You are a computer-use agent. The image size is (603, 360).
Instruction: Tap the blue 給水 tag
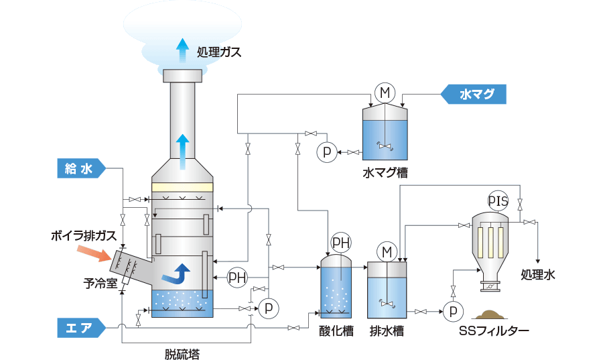coord(78,169)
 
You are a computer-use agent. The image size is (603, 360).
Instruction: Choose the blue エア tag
coord(78,328)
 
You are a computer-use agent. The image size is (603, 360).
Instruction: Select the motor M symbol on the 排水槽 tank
coord(387,252)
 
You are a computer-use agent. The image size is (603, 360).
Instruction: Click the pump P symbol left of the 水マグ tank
coord(326,152)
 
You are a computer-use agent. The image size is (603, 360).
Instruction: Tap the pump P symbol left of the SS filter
coord(450,312)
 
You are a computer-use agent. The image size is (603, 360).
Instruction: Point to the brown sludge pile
coord(495,313)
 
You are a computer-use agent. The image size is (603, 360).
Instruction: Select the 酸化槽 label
coord(334,331)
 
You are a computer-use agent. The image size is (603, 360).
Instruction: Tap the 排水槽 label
coord(387,331)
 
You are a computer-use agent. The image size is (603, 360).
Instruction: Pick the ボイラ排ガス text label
coord(84,236)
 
